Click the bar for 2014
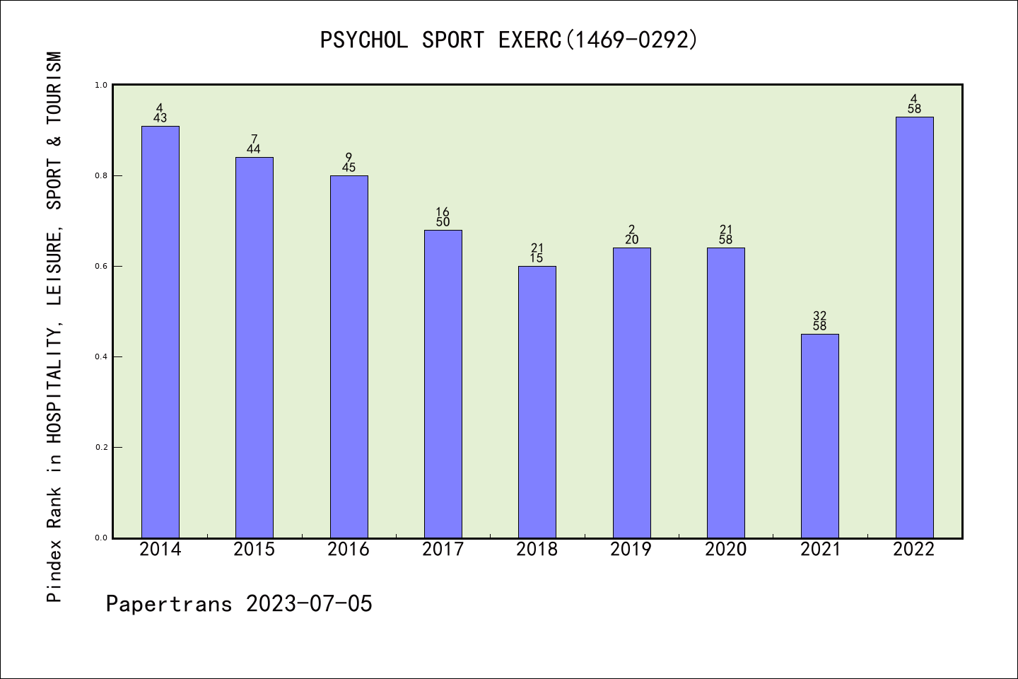[160, 332]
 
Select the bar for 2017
[443, 384]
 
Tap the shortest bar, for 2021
[820, 436]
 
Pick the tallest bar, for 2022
[914, 327]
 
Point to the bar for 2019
[631, 393]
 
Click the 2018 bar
[537, 402]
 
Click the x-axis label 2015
[255, 550]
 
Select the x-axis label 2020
[725, 550]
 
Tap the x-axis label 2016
[349, 550]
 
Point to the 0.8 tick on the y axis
[100, 175]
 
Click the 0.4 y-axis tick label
[100, 356]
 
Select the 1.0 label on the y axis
[100, 85]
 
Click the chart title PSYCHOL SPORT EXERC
[509, 40]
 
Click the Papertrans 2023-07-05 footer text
[239, 604]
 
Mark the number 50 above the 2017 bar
[443, 222]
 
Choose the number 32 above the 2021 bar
[820, 315]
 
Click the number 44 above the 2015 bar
[255, 149]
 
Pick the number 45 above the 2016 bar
[349, 168]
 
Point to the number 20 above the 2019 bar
[631, 240]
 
